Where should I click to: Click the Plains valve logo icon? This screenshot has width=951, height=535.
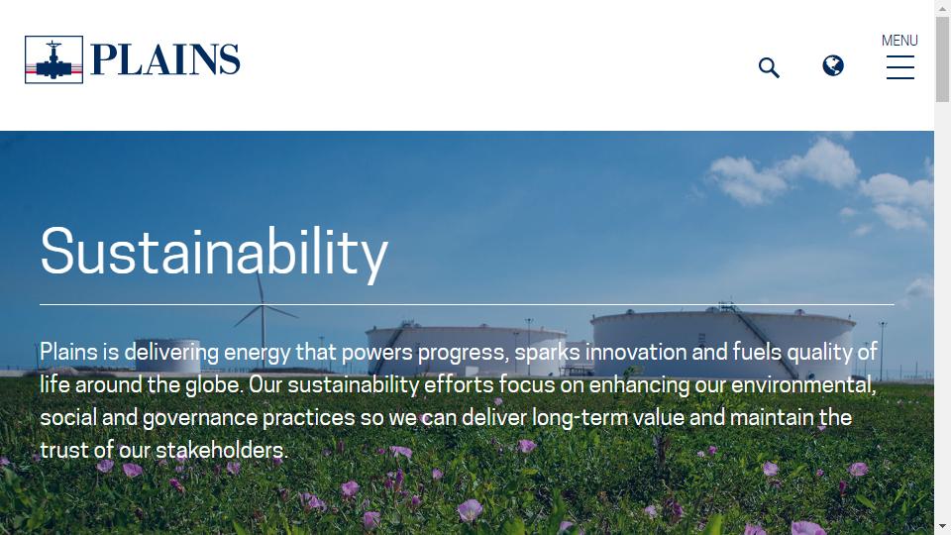click(53, 59)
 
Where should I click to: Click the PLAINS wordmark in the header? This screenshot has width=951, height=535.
click(165, 59)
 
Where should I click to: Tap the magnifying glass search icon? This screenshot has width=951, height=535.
click(769, 67)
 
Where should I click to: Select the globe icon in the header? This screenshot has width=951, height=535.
click(833, 65)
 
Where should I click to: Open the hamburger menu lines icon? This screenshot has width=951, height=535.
click(900, 67)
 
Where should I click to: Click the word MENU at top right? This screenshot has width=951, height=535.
click(899, 41)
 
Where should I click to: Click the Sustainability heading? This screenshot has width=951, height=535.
click(214, 253)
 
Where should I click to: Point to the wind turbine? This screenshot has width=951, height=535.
click(263, 315)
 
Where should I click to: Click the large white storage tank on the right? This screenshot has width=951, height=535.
click(723, 341)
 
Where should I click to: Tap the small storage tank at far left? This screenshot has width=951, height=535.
click(166, 355)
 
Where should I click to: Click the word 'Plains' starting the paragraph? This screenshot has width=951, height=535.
click(68, 352)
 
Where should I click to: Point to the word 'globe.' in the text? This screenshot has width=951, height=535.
click(214, 385)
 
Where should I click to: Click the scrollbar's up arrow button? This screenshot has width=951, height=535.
click(942, 8)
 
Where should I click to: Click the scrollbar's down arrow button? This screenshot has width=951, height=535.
click(942, 526)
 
